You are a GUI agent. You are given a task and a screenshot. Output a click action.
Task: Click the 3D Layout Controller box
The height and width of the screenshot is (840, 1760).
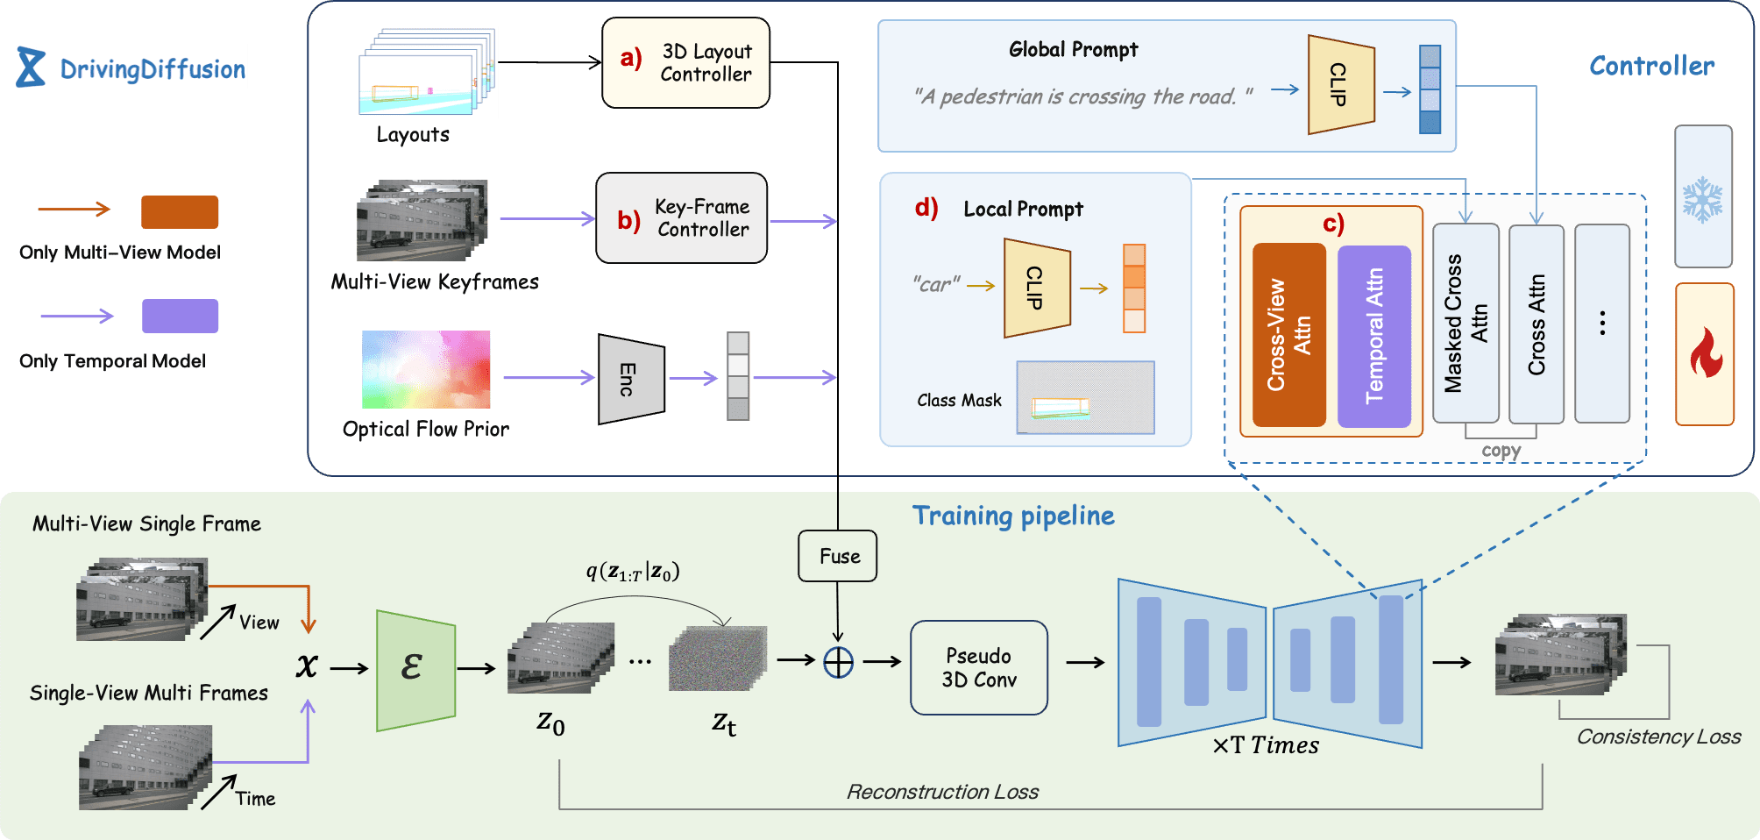pyautogui.click(x=685, y=63)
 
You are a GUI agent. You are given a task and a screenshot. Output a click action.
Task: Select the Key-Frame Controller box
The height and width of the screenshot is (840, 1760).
pyautogui.click(x=682, y=218)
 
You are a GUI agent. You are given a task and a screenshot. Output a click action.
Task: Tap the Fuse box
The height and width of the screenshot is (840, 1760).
pyautogui.click(x=838, y=556)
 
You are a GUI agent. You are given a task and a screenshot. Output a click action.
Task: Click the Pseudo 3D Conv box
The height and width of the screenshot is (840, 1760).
pyautogui.click(x=979, y=668)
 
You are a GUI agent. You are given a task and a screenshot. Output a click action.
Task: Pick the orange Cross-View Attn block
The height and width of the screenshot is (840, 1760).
pyautogui.click(x=1289, y=335)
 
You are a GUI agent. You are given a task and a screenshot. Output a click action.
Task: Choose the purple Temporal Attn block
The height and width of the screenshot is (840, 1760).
pyautogui.click(x=1374, y=336)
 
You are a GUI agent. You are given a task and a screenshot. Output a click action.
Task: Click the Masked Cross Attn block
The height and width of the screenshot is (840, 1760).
pyautogui.click(x=1465, y=324)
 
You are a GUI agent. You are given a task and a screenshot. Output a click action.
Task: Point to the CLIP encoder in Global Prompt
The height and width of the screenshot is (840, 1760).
pyautogui.click(x=1341, y=85)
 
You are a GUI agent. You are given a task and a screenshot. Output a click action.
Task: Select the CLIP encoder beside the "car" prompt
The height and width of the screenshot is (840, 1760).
pyautogui.click(x=1038, y=288)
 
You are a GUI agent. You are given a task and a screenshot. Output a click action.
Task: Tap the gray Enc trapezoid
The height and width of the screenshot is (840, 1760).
pyautogui.click(x=631, y=379)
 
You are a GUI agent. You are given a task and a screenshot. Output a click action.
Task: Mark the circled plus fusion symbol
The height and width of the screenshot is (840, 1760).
pyautogui.click(x=838, y=663)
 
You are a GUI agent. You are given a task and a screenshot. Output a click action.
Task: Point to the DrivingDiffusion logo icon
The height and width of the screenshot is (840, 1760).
pyautogui.click(x=31, y=68)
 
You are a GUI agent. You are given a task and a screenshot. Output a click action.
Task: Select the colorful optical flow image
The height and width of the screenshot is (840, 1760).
pyautogui.click(x=426, y=369)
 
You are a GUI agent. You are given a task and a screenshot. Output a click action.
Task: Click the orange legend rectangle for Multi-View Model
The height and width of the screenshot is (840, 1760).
pyautogui.click(x=180, y=212)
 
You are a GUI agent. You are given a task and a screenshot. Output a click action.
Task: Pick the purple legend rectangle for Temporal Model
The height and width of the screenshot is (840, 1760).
pyautogui.click(x=180, y=316)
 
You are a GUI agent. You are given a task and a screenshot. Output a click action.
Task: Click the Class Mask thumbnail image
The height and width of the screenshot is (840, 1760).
pyautogui.click(x=1085, y=397)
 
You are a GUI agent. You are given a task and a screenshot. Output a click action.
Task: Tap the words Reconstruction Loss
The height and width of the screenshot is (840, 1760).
pyautogui.click(x=942, y=792)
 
